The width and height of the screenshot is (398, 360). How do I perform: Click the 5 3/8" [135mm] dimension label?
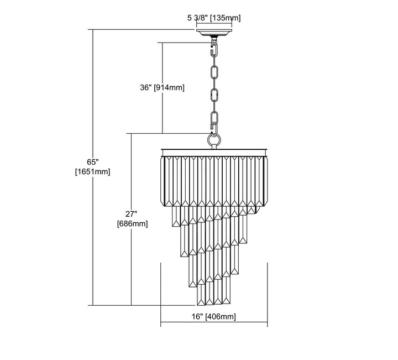(x=213, y=18)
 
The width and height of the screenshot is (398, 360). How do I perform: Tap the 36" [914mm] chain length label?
(x=161, y=87)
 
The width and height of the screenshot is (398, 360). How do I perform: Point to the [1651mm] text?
(x=92, y=171)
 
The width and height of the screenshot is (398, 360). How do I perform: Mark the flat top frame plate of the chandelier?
(x=214, y=150)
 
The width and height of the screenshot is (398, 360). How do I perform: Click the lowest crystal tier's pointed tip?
(x=213, y=304)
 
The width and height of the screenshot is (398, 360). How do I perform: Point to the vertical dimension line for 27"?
(x=131, y=265)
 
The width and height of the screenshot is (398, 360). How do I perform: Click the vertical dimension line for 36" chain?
(x=162, y=111)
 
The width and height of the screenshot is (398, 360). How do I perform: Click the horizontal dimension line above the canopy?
(x=213, y=25)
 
